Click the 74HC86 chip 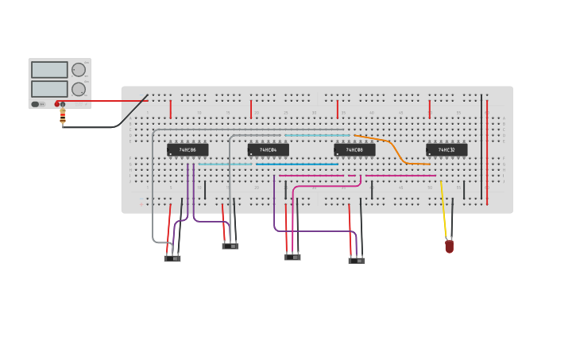(187, 149)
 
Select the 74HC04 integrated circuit (268, 149)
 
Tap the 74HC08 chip (354, 149)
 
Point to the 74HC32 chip (446, 149)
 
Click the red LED (449, 246)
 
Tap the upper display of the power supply (49, 70)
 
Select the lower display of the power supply (49, 89)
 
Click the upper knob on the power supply (79, 70)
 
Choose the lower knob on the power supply (79, 89)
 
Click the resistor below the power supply (63, 117)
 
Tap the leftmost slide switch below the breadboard (172, 257)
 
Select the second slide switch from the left (230, 246)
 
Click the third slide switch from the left (293, 257)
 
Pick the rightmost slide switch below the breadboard (357, 260)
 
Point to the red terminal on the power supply (57, 104)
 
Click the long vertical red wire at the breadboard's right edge (488, 151)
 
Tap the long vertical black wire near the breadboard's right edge (481, 147)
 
